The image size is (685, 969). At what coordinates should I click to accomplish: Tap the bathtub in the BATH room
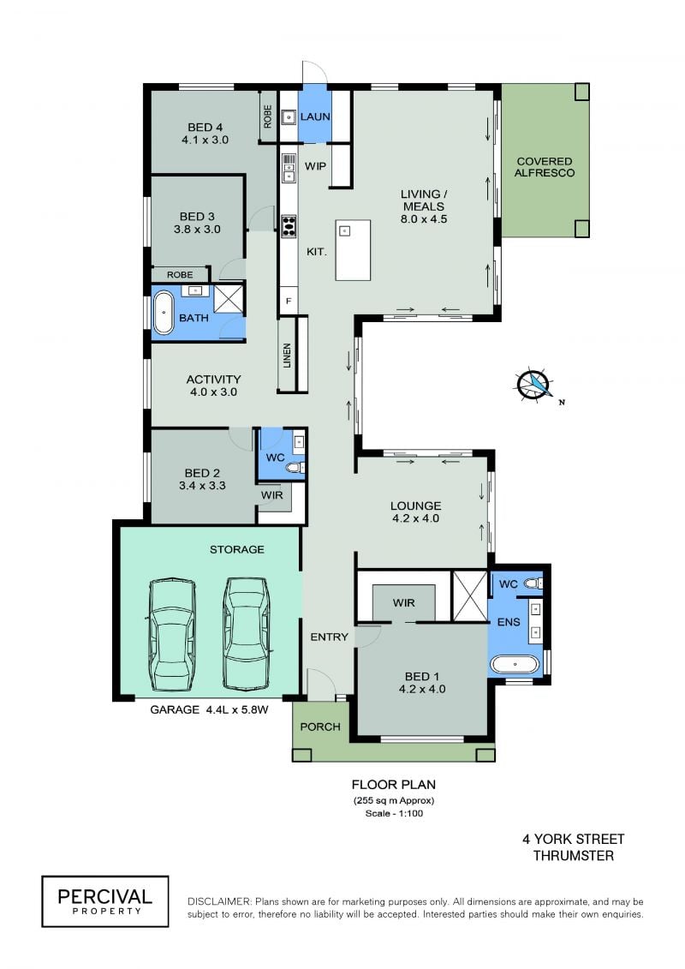(x=163, y=312)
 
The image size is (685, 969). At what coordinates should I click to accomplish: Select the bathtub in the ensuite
(x=515, y=665)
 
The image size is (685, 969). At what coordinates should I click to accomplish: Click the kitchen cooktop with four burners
(x=289, y=226)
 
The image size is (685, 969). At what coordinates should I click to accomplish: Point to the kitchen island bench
(x=354, y=249)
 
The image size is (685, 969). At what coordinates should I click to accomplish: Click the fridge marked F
(x=288, y=302)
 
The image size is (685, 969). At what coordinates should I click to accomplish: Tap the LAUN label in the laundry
(x=315, y=117)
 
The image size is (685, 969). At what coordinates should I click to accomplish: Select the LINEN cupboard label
(x=287, y=356)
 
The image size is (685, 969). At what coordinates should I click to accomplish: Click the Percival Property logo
(x=105, y=901)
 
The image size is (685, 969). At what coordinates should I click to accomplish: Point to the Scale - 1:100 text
(x=394, y=813)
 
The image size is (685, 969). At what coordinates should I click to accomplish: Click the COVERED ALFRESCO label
(x=545, y=167)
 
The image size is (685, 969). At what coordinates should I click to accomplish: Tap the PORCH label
(x=320, y=727)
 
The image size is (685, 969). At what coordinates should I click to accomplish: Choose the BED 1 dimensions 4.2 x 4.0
(x=422, y=689)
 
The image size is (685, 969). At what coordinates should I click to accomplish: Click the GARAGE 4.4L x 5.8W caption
(x=210, y=710)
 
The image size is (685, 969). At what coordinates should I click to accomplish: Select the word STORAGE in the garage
(x=236, y=549)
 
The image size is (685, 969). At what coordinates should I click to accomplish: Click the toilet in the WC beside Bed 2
(x=295, y=468)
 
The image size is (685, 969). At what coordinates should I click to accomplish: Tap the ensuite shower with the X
(x=470, y=596)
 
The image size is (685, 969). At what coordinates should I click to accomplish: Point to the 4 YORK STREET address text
(x=573, y=840)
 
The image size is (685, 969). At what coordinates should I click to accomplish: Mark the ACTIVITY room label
(x=213, y=380)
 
